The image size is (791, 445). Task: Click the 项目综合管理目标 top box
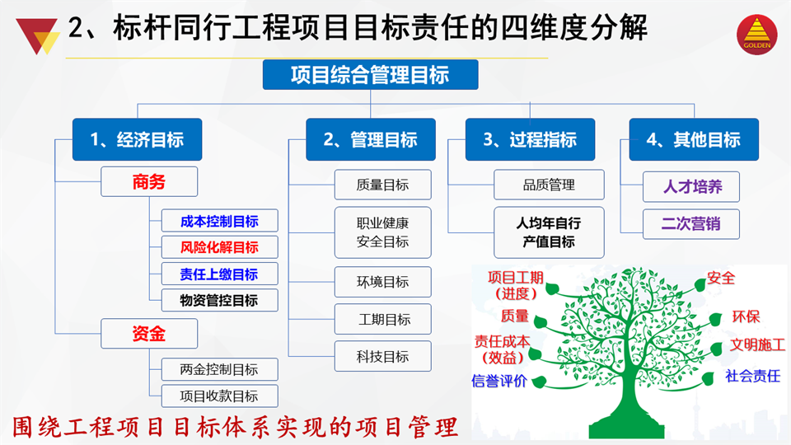pyautogui.click(x=370, y=75)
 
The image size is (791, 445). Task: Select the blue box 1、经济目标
pyautogui.click(x=138, y=140)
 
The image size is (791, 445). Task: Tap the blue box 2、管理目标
pyautogui.click(x=371, y=140)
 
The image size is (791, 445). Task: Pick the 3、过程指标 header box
pyautogui.click(x=530, y=140)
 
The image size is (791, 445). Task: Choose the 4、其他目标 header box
pyautogui.click(x=694, y=140)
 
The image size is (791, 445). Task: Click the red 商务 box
pyautogui.click(x=149, y=181)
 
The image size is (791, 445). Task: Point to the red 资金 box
pyautogui.click(x=149, y=334)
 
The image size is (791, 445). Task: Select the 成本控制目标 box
pyautogui.click(x=219, y=221)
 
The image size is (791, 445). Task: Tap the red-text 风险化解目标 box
pyautogui.click(x=219, y=247)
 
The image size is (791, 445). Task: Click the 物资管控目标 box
pyautogui.click(x=219, y=300)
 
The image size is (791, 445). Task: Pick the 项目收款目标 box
pyautogui.click(x=219, y=396)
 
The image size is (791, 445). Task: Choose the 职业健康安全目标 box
pyautogui.click(x=383, y=232)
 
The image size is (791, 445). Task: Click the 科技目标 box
pyautogui.click(x=383, y=357)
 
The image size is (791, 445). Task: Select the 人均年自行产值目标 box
pyautogui.click(x=549, y=232)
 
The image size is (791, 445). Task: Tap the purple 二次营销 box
pyautogui.click(x=691, y=224)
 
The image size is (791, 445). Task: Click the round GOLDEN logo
pyautogui.click(x=756, y=35)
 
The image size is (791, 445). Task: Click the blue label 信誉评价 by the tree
pyautogui.click(x=499, y=381)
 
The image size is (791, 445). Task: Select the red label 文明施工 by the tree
pyautogui.click(x=757, y=345)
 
